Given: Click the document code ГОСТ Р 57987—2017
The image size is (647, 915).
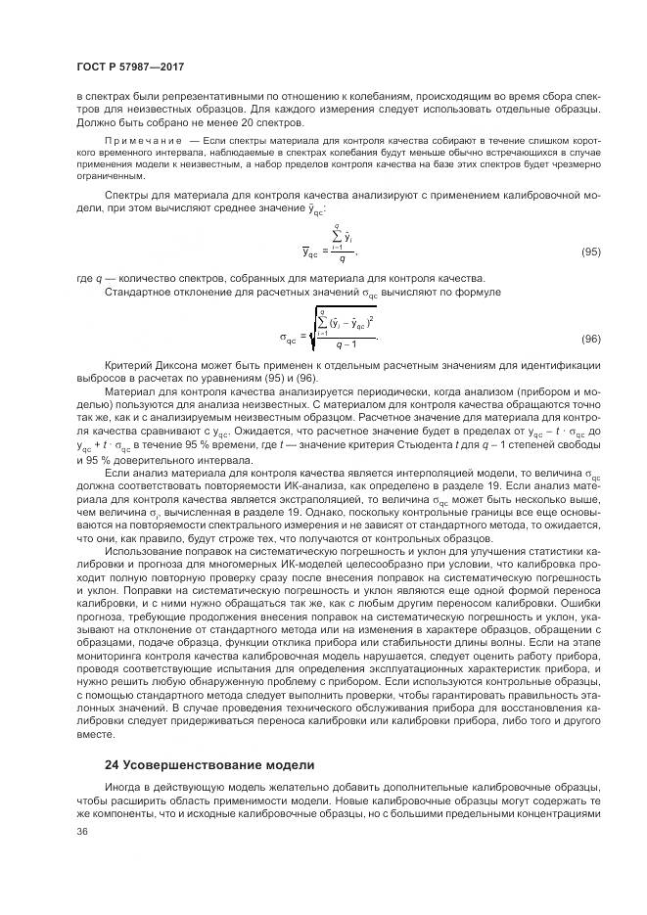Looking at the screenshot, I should point(130,67).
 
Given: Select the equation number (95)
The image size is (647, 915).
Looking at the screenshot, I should point(590,252).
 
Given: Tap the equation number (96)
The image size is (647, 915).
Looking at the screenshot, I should point(590,339).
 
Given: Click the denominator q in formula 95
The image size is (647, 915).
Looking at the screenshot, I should point(341,261).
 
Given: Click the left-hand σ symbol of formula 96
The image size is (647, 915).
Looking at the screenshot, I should point(286,339).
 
